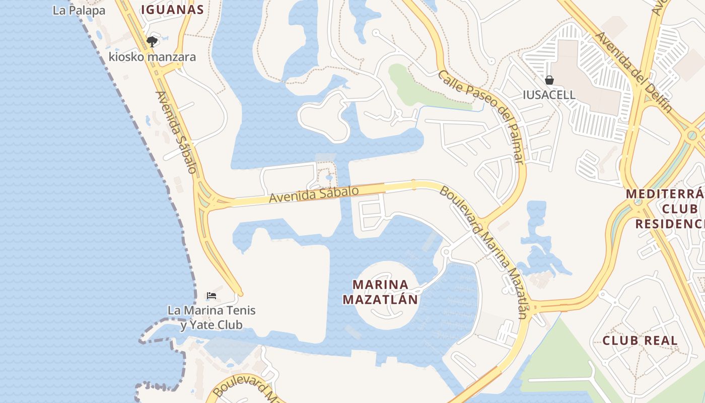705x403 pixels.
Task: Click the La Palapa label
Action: coord(79,10)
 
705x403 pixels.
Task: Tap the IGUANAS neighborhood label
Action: coord(172,9)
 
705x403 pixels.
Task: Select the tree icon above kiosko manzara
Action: coord(152,41)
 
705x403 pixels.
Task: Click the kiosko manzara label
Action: coord(152,56)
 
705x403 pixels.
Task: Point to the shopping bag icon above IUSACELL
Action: coord(549,80)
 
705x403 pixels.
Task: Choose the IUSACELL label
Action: coord(549,95)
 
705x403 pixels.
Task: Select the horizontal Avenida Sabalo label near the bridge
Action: coord(314,193)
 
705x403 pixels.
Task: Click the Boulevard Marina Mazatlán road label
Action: coord(484,252)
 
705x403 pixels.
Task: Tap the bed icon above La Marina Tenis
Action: coord(211,295)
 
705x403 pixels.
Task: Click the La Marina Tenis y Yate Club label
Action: coord(211,317)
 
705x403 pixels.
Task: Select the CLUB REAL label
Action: coord(640,341)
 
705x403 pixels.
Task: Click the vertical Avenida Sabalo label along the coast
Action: coord(176,132)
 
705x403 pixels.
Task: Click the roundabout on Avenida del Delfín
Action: coord(692,135)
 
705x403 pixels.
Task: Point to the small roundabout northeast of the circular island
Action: coord(445,251)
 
